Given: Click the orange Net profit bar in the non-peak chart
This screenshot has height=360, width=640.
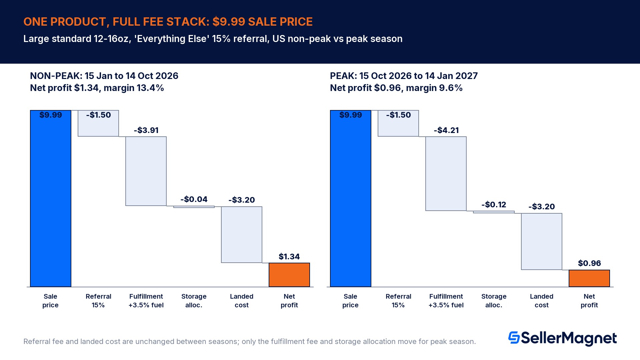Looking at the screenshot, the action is pos(289,275).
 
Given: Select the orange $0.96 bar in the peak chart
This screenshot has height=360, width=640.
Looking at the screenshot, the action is pos(589,278).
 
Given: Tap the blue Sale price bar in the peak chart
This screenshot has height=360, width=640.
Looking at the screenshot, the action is pos(351,198).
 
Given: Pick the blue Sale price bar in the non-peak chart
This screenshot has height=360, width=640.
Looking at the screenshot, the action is pos(51,198).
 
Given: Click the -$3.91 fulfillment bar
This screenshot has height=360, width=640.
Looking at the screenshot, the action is pos(146,171).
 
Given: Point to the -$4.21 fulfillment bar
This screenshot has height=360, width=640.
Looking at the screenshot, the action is pos(446,173).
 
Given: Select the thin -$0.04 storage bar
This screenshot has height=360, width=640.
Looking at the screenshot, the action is pos(194,207).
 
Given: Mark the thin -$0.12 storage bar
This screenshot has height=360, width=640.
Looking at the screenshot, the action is pos(494,212).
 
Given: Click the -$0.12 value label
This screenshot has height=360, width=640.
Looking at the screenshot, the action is pos(494,204).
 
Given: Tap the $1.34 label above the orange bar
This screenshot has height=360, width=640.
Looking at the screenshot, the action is pos(289,256).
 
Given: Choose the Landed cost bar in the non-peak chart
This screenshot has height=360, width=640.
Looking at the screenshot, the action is pos(242,235).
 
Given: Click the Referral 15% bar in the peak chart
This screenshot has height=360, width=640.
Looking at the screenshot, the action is pos(398,123).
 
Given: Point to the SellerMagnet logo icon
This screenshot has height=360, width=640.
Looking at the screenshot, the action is pos(514,337).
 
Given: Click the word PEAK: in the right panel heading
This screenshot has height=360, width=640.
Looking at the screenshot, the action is pos(343,76).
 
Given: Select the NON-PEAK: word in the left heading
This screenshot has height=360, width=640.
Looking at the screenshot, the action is pos(56,76).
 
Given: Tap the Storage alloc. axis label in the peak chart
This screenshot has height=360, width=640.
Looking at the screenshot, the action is pos(494,301).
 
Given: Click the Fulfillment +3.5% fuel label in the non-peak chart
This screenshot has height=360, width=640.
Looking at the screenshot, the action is pos(146,301).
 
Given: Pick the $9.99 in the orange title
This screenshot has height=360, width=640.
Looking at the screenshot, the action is pos(229,22).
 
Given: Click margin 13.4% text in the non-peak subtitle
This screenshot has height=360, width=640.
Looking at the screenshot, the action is pos(134,88).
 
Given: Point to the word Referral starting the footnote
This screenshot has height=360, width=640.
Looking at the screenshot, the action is pos(36,341).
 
